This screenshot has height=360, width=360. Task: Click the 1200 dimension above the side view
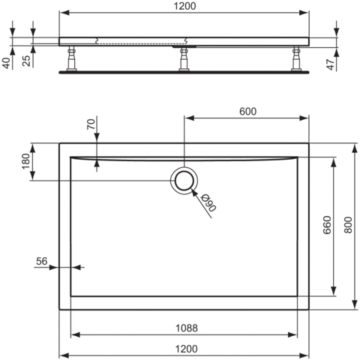click(x=184, y=6)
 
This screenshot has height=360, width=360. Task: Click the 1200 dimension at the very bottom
click(x=187, y=349)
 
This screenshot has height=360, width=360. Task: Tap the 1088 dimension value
click(x=187, y=328)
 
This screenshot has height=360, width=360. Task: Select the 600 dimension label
click(x=247, y=112)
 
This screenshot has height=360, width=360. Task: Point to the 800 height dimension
click(x=348, y=225)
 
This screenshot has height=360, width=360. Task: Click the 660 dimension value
click(x=327, y=225)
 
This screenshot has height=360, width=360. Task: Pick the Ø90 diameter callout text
click(x=208, y=202)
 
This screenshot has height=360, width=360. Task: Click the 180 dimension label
click(x=25, y=161)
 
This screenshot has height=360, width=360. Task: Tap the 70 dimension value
click(x=91, y=124)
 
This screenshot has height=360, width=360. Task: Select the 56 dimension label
click(x=41, y=261)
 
